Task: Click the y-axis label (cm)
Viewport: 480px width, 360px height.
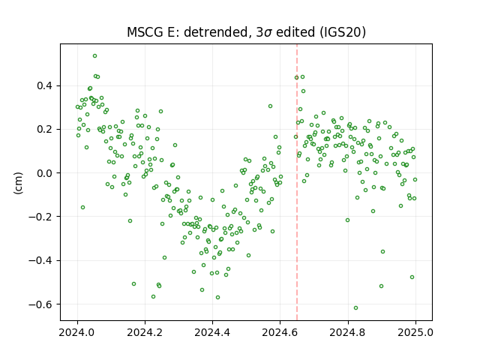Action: tap(18, 183)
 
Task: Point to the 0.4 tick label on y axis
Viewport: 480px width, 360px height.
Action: tap(45, 85)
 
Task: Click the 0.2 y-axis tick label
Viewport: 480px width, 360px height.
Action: tap(45, 129)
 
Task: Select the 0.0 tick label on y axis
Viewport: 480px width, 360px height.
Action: tap(45, 173)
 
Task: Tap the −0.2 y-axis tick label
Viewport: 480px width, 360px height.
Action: tap(40, 217)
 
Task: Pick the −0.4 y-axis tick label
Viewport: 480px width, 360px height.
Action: tap(40, 260)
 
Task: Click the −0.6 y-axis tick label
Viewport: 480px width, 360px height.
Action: tap(40, 304)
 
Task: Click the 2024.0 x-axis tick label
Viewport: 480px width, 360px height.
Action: tap(77, 332)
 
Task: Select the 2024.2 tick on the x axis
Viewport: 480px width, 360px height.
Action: tap(145, 332)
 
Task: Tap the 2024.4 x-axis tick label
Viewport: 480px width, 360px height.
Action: tap(212, 332)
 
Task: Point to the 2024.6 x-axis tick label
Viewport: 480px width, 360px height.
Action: tap(280, 332)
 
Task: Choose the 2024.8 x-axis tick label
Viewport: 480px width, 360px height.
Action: tap(348, 332)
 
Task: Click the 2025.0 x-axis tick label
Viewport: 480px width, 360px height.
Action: tap(415, 332)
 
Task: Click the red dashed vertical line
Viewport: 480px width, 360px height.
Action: tap(297, 182)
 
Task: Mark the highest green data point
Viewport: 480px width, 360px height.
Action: tap(95, 56)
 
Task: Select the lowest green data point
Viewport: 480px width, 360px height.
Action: tap(355, 308)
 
